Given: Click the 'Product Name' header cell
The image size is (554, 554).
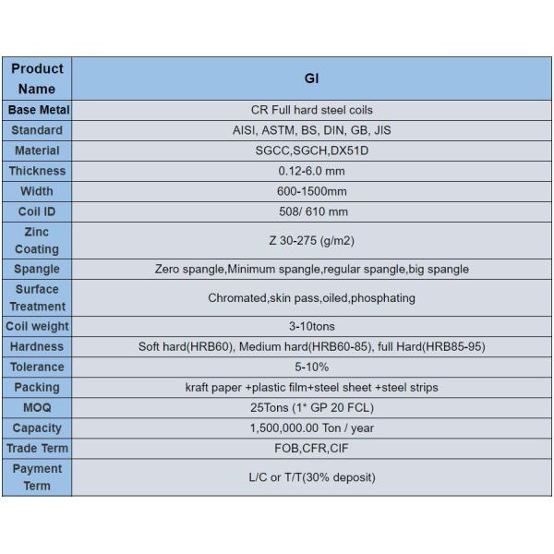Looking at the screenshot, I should tap(37, 78).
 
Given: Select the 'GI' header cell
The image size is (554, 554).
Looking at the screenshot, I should tap(311, 78).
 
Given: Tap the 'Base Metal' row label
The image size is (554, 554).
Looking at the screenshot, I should tap(37, 110).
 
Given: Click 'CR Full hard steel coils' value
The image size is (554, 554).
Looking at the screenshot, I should tap(311, 110).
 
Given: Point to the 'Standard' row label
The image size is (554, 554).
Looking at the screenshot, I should tap(37, 130).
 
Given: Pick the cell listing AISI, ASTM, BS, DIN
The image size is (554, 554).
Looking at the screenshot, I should tap(311, 130).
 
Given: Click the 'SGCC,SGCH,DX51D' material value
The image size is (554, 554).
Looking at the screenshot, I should tap(311, 151).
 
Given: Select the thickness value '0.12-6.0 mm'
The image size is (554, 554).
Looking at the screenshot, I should tap(311, 171).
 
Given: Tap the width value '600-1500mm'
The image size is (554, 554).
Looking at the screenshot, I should tap(311, 191).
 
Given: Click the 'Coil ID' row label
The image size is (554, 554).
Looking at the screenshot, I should tap(37, 211).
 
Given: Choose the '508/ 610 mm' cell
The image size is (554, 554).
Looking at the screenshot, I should tap(311, 211).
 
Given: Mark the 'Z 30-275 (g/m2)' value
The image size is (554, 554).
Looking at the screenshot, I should tap(311, 240).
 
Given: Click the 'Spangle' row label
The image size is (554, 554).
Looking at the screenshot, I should tap(37, 269).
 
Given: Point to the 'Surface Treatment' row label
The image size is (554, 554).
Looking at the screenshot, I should tap(37, 297).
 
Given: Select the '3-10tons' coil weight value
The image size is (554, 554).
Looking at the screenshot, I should tap(311, 326).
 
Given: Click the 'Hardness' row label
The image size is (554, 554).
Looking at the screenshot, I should tap(37, 346).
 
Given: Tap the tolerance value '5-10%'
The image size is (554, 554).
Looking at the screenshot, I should tap(311, 367).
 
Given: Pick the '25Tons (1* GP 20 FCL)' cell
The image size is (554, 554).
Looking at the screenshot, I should tap(311, 407).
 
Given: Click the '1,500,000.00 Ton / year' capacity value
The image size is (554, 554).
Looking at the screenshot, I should tap(311, 428).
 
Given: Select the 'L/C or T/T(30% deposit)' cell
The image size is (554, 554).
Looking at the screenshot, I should tap(311, 477).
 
